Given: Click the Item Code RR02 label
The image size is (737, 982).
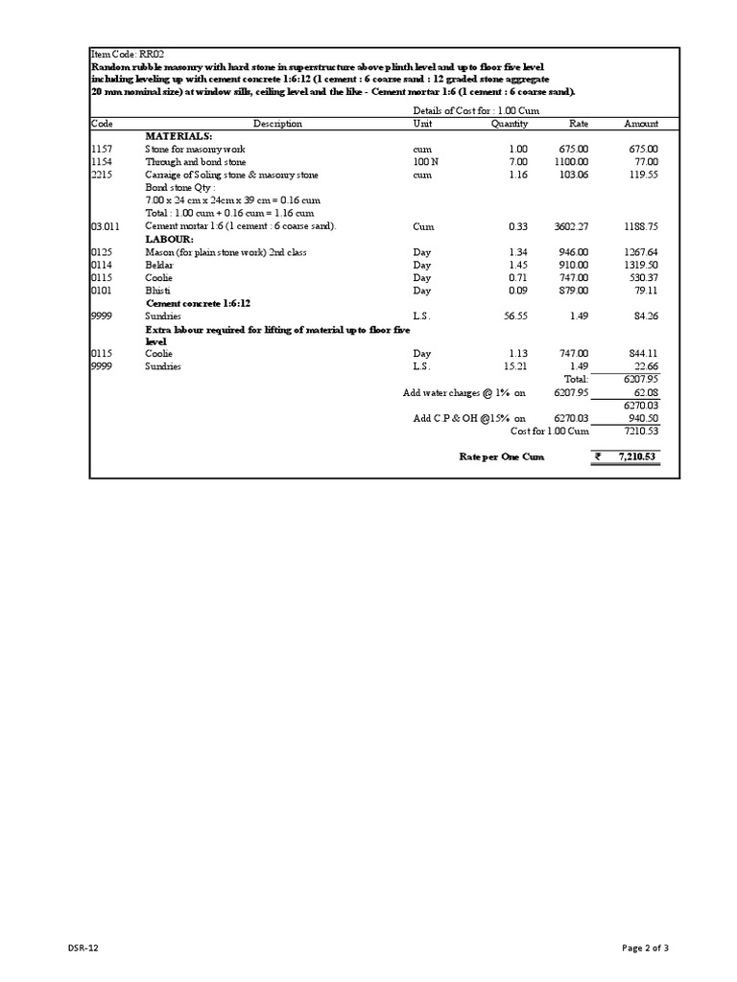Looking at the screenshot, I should pyautogui.click(x=120, y=55).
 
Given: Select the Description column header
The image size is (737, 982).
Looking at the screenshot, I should pyautogui.click(x=277, y=124).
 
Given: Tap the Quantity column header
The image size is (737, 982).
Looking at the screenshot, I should pyautogui.click(x=509, y=124).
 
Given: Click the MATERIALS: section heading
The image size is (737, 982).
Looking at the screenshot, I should pyautogui.click(x=178, y=136).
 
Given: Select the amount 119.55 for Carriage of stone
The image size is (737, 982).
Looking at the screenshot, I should pyautogui.click(x=642, y=175).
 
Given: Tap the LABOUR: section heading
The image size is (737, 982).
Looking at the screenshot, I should pyautogui.click(x=169, y=238).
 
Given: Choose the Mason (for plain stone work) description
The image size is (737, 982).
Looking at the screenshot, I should pyautogui.click(x=225, y=251).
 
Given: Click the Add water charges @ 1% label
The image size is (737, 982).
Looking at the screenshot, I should pyautogui.click(x=464, y=393).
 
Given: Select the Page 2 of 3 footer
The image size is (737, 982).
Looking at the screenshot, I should pyautogui.click(x=645, y=948).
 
